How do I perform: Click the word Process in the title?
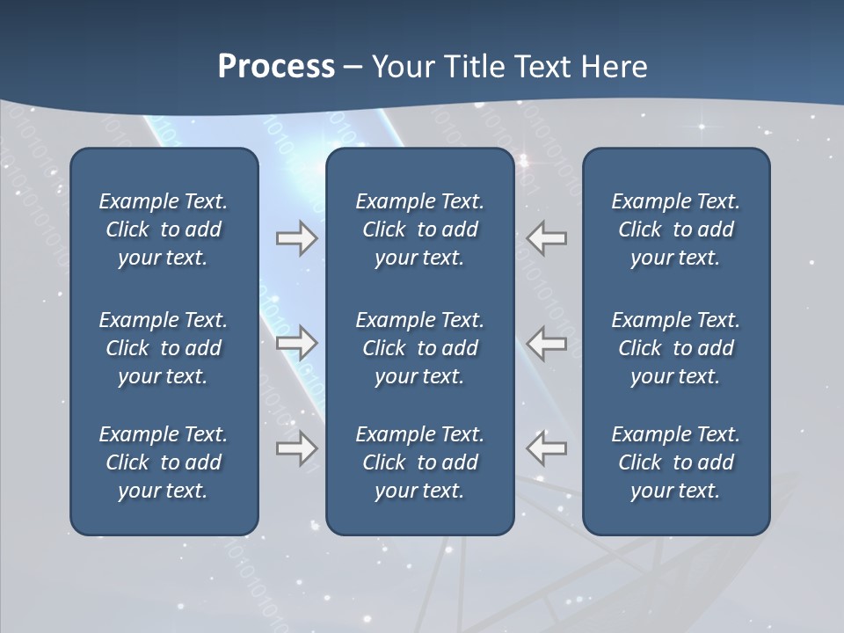pos(276,67)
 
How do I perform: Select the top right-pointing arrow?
pos(296,238)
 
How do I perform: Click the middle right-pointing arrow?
pos(296,343)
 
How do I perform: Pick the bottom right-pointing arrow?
pos(296,448)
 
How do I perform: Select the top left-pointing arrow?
pos(547,238)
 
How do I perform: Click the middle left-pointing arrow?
pos(547,343)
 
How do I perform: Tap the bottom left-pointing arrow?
pos(547,448)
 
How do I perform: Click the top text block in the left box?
pos(164,229)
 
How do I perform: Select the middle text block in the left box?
pos(164,348)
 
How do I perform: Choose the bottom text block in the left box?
pos(164,462)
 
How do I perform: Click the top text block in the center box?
pos(419,229)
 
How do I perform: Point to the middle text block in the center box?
pos(419,348)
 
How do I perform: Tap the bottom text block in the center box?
pos(419,462)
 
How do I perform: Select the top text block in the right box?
pos(675,229)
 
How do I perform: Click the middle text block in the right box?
pos(675,348)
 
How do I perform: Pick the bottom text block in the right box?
pos(675,462)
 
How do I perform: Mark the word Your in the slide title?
pos(401,67)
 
